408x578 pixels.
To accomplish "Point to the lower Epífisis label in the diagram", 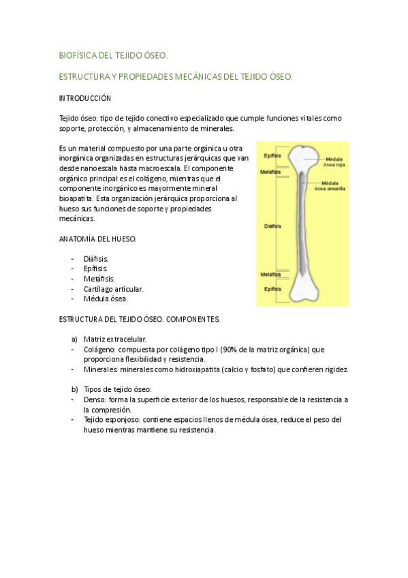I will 272,288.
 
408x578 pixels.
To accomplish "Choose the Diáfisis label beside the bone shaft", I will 272,225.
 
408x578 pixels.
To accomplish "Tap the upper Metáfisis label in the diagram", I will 271,171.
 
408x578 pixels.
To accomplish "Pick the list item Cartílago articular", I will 113,288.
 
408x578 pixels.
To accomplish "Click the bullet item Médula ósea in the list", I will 106,299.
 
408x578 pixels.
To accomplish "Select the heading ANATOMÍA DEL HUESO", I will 98,239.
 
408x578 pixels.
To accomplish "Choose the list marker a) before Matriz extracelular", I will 74,339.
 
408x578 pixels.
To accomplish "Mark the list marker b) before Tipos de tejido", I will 74,389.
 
